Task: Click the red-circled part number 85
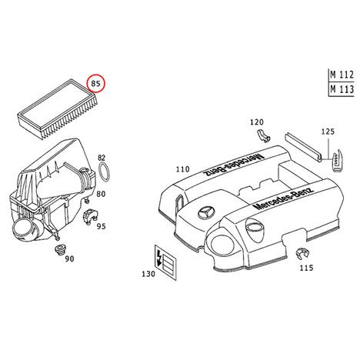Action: (95, 83)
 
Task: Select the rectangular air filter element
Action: (58, 109)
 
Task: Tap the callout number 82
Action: (102, 158)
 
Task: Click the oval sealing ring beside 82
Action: (104, 173)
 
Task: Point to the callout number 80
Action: (101, 194)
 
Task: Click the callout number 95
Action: (101, 226)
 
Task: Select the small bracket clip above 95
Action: (90, 216)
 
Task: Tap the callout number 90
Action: (69, 259)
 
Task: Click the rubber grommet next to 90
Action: (60, 250)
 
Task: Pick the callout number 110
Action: (182, 169)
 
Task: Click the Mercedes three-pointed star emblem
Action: (207, 212)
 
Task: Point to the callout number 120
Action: (257, 122)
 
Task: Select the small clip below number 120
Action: (263, 136)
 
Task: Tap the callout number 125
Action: (328, 132)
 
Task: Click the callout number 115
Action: (307, 268)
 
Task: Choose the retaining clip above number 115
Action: (302, 254)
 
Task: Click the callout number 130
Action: (148, 274)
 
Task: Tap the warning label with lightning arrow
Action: (165, 262)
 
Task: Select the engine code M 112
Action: (342, 75)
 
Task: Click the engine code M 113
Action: (342, 89)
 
